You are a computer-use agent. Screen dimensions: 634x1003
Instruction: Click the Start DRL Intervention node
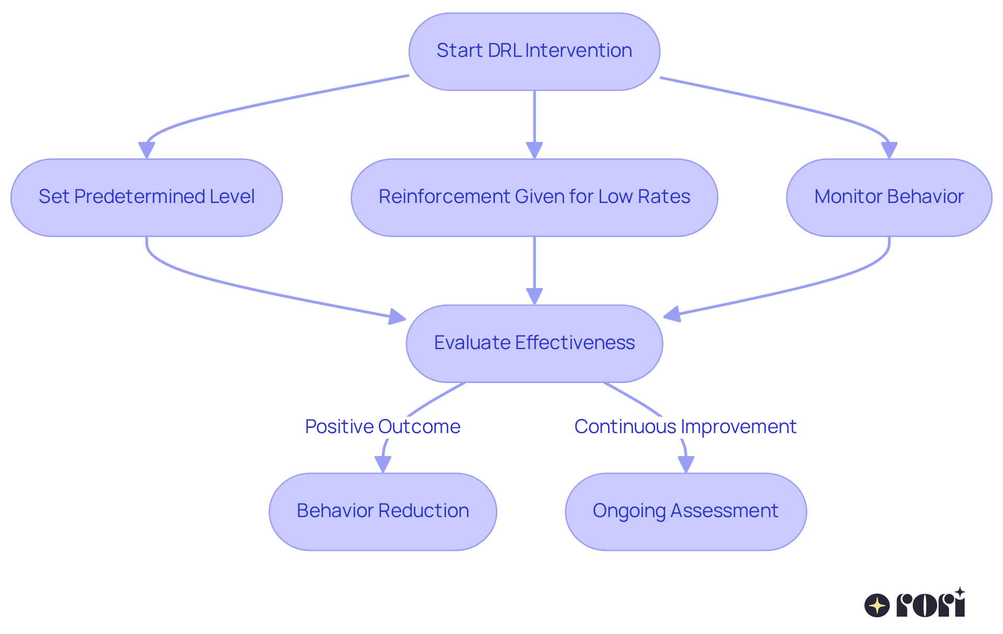pos(534,51)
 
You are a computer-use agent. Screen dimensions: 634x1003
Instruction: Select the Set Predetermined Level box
pos(146,197)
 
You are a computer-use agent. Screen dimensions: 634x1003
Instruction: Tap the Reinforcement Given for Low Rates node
pos(534,197)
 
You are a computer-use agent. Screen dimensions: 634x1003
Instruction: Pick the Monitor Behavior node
pos(889,197)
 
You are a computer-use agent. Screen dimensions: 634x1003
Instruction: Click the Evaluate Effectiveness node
pos(534,343)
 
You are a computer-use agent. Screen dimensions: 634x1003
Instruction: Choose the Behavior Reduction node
pos(382,511)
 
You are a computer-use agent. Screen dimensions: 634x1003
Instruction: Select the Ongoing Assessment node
pos(685,511)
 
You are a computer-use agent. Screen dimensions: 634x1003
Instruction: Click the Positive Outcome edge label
pos(382,426)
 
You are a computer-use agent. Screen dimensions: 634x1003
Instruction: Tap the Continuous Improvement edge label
pos(685,426)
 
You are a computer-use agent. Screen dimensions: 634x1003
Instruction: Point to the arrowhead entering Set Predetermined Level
pos(146,150)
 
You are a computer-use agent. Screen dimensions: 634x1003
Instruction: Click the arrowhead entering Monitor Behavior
pos(889,150)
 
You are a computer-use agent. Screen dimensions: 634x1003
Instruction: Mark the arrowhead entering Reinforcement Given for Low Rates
pos(534,150)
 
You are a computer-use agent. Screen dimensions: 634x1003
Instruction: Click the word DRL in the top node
pos(505,51)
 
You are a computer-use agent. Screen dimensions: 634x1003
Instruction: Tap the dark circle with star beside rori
pos(877,606)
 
